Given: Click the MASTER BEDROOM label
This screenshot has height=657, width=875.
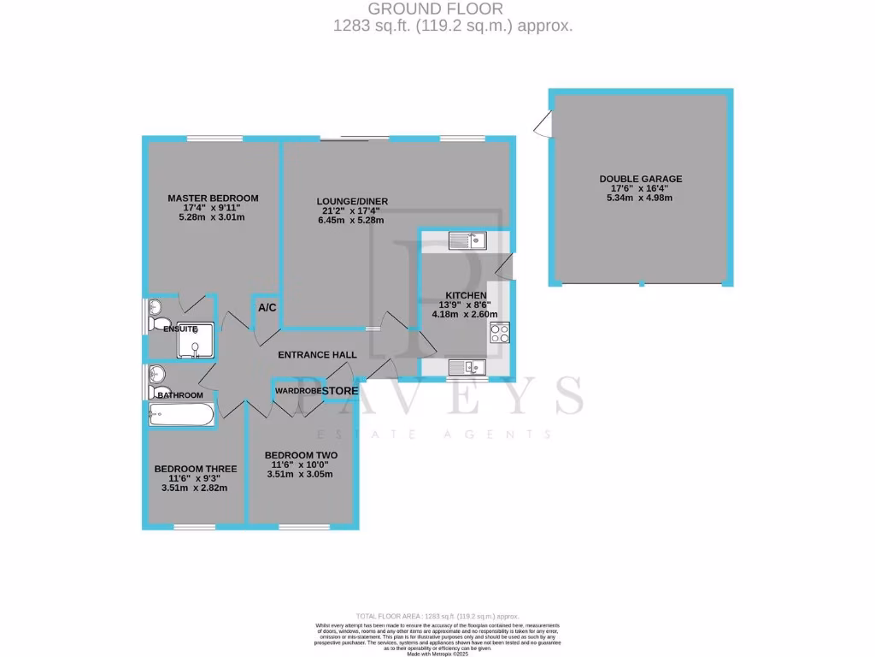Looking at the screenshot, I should coord(212,198).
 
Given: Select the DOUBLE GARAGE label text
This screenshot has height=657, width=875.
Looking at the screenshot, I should coord(640,179).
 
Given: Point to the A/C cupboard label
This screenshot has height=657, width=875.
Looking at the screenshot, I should coord(267,308).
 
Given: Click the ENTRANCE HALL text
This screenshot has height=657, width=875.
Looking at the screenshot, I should coord(317,354).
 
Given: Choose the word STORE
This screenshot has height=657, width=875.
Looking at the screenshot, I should coord(339,391).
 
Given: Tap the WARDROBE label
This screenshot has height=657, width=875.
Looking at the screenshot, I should coord(297,391).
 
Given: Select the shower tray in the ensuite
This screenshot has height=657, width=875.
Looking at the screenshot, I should coord(196,340).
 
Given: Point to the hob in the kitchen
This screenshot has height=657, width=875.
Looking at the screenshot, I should coord(500,333).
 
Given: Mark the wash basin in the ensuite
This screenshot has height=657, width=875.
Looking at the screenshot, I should coord(155,308).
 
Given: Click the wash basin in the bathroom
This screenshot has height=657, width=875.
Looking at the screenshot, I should coord(155,374).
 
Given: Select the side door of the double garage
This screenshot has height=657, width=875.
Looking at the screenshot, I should coord(540,127).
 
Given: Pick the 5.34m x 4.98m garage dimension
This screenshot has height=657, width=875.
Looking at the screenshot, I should coord(640,198).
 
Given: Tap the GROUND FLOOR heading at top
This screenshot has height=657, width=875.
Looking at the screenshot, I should coord(452,9).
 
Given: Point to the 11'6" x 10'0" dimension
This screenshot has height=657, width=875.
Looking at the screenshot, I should coord(300,465).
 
